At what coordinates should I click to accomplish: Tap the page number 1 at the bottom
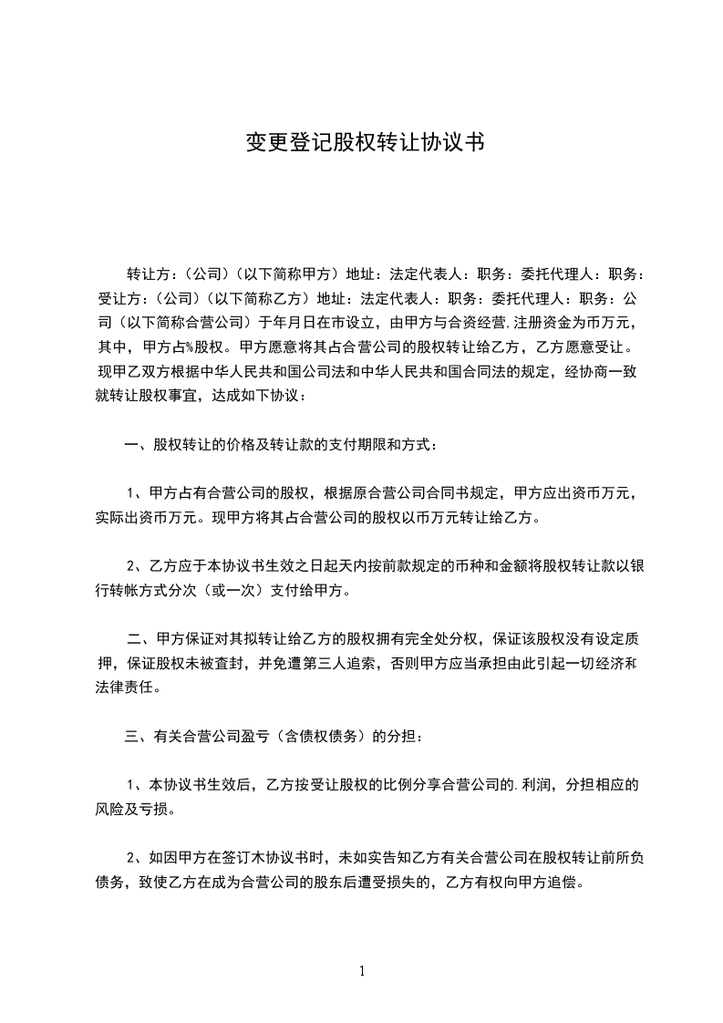363,970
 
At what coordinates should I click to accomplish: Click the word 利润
540,785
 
